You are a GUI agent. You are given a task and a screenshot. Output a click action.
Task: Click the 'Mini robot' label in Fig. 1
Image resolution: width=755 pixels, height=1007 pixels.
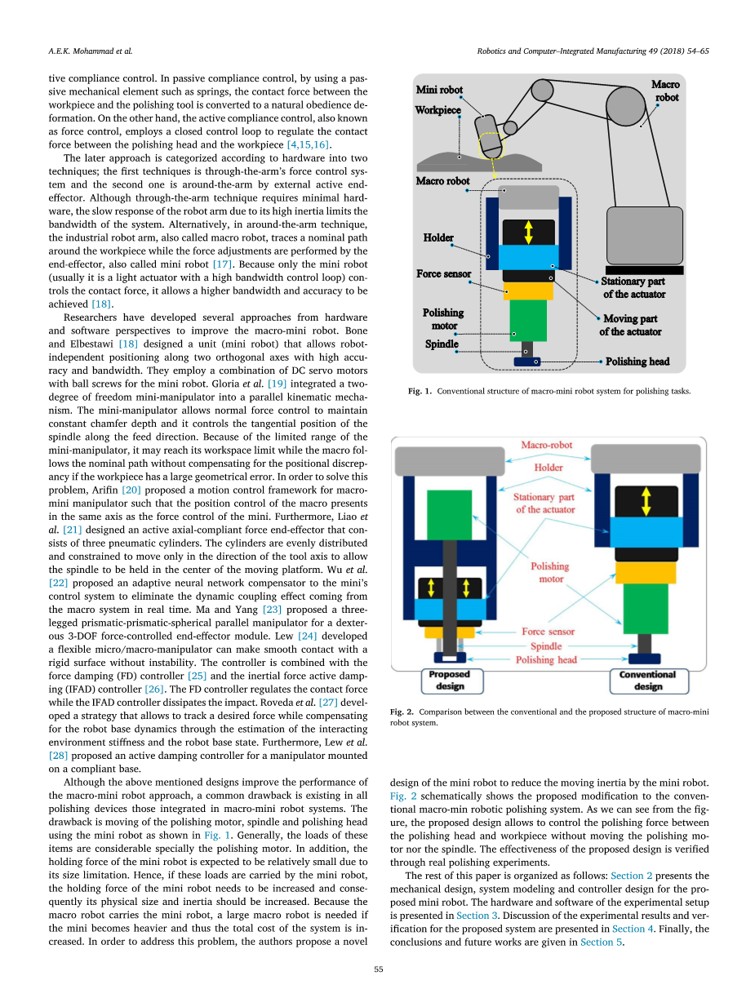[x=439, y=90]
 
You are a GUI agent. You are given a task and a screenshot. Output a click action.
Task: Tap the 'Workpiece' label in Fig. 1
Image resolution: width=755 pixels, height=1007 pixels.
[x=437, y=110]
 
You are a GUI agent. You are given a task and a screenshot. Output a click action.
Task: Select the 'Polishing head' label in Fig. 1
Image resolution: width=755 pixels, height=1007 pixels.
[x=637, y=361]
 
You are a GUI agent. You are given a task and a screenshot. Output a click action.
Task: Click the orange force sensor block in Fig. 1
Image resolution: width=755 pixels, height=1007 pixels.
[x=529, y=290]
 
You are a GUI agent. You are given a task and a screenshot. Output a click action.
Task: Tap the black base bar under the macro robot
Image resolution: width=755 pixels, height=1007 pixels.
[x=645, y=270]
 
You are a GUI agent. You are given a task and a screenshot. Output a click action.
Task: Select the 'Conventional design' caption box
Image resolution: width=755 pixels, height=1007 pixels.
[x=647, y=680]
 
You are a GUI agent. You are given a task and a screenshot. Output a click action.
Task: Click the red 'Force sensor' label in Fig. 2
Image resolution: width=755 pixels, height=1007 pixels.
[x=548, y=631]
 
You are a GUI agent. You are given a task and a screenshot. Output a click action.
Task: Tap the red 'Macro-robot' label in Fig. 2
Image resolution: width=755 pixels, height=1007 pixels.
[x=547, y=446]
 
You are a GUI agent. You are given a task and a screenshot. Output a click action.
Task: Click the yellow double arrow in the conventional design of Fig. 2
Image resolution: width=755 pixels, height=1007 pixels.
[x=646, y=498]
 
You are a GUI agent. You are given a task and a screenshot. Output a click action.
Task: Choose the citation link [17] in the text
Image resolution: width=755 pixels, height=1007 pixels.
[x=224, y=264]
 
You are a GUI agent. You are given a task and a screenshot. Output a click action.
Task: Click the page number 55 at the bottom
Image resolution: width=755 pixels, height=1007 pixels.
[x=378, y=969]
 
